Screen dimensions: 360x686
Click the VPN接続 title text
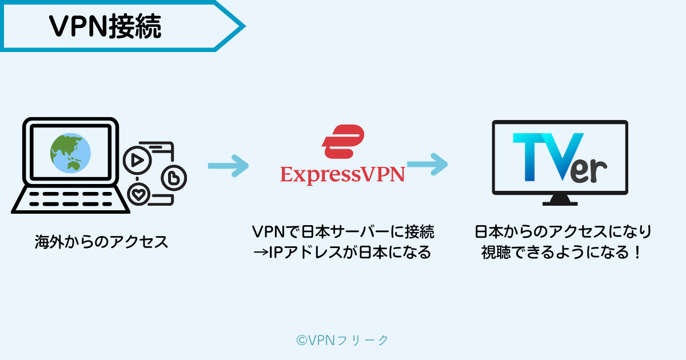point(105,26)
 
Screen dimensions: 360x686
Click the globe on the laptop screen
point(70,152)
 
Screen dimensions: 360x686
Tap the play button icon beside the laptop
point(137,161)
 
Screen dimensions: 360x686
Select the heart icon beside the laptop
point(139,195)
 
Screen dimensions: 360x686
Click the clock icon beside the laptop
point(172,178)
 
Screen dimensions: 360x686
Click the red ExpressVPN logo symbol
point(342,141)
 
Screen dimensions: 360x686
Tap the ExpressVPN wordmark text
point(342,174)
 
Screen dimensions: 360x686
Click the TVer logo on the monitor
point(559,158)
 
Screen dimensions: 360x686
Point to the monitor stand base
point(560,201)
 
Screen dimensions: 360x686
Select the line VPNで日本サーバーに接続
point(343,231)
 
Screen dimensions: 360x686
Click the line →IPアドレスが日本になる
point(343,252)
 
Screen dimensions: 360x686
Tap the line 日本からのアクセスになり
point(563,231)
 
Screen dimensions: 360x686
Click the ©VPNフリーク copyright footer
point(342,340)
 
